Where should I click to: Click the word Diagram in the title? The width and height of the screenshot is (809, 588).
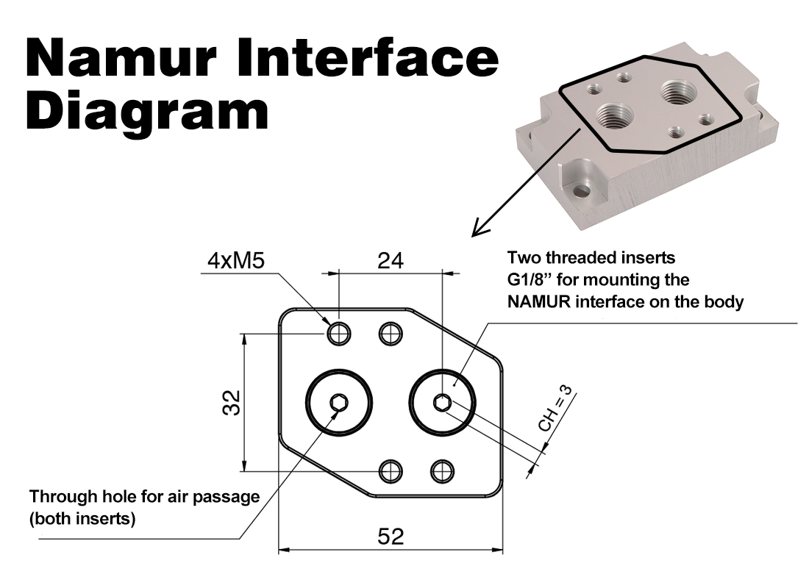coord(147,110)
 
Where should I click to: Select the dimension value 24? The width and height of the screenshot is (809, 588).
coord(389,261)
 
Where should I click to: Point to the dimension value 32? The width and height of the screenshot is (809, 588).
coord(232,403)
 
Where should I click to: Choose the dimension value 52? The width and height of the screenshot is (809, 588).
coord(389,537)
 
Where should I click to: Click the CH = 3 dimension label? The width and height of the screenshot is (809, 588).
coord(555,411)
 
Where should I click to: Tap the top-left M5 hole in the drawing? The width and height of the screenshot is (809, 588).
coord(338,334)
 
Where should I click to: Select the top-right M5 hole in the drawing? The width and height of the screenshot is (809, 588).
coord(390,334)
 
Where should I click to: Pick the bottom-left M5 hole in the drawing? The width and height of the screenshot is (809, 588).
coord(390,469)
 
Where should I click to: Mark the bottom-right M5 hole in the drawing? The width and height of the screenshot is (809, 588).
coord(441,469)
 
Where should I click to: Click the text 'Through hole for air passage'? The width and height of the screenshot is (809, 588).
coord(144,496)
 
